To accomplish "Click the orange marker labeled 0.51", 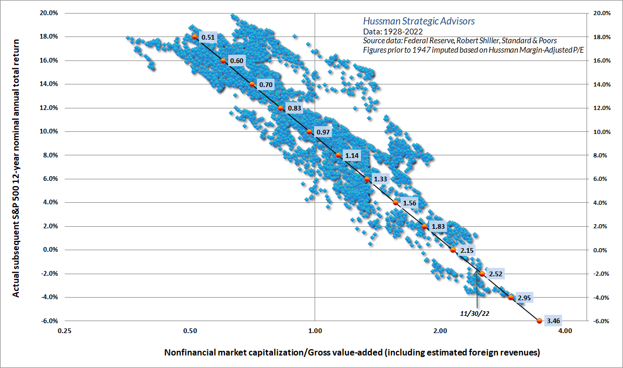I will coord(194,36).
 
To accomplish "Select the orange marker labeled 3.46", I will coord(540,321).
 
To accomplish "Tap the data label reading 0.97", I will coord(323,132).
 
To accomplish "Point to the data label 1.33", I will coord(381,179).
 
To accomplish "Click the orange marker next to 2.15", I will coord(453,250).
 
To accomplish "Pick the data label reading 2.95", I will coord(525,298).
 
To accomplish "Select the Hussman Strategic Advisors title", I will coord(418,21).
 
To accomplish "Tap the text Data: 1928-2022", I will coord(389,31).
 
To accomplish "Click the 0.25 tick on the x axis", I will coord(65,330).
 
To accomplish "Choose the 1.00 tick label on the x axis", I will coord(315,330).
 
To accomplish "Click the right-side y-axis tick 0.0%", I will coord(603,250).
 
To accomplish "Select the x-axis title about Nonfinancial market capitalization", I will coord(352,353).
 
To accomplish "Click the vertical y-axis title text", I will coord(16,167).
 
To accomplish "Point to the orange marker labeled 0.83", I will coord(280,108).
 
